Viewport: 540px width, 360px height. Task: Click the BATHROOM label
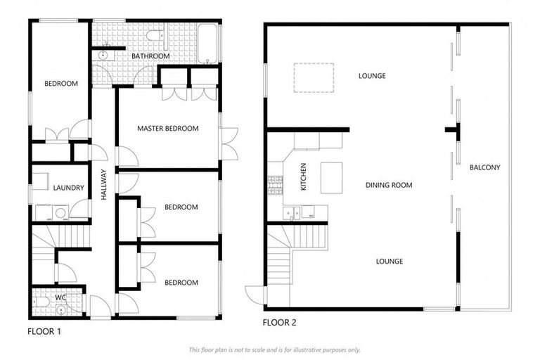coord(150,56)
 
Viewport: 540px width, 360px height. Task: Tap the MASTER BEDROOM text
coord(167,129)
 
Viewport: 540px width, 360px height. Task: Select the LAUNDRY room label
coord(69,188)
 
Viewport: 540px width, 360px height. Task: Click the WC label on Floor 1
coord(61,297)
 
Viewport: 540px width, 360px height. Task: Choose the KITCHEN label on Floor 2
coord(304,177)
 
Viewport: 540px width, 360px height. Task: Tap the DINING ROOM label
coord(389,186)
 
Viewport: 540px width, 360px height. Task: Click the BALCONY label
coord(485,167)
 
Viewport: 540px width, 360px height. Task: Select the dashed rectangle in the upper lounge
coord(314,77)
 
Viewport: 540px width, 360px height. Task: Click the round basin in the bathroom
coord(104,53)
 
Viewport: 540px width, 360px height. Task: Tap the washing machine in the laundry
coord(60,212)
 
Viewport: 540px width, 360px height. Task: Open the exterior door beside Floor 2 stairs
coord(255,295)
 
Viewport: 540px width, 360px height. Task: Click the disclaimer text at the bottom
coord(274,349)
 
